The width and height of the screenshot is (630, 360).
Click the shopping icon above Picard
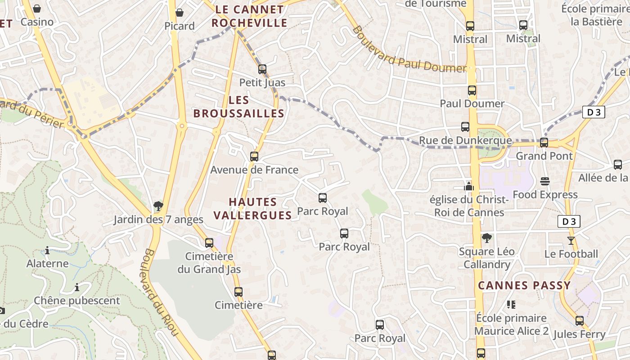pyautogui.click(x=179, y=13)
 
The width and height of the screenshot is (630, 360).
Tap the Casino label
pyautogui.click(x=37, y=22)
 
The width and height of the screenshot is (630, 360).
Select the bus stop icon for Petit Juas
pyautogui.click(x=262, y=69)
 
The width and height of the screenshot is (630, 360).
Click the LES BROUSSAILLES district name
pyautogui.click(x=239, y=107)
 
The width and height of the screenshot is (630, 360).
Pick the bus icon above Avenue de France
pyautogui.click(x=254, y=156)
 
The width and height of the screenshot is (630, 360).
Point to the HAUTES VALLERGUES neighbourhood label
pyautogui.click(x=252, y=208)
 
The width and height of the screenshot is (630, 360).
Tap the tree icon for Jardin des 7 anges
pyautogui.click(x=158, y=206)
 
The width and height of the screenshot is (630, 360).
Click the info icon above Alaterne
pyautogui.click(x=47, y=250)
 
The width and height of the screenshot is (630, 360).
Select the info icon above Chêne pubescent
pyautogui.click(x=77, y=287)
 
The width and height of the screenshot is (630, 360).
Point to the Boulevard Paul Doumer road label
pyautogui.click(x=409, y=50)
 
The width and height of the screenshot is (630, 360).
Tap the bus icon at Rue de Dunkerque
pyautogui.click(x=465, y=127)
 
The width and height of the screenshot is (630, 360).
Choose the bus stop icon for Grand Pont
pyautogui.click(x=544, y=143)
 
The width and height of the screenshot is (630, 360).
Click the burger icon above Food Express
pyautogui.click(x=545, y=181)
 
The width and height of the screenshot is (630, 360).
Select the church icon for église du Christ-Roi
pyautogui.click(x=469, y=186)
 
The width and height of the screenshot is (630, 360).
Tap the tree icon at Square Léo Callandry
pyautogui.click(x=486, y=238)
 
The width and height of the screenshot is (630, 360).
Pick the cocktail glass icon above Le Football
pyautogui.click(x=571, y=240)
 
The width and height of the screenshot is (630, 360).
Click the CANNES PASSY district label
pyautogui.click(x=524, y=285)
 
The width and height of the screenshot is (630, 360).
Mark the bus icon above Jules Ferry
pyautogui.click(x=580, y=321)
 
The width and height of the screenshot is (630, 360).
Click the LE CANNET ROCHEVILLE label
pyautogui.click(x=249, y=16)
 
